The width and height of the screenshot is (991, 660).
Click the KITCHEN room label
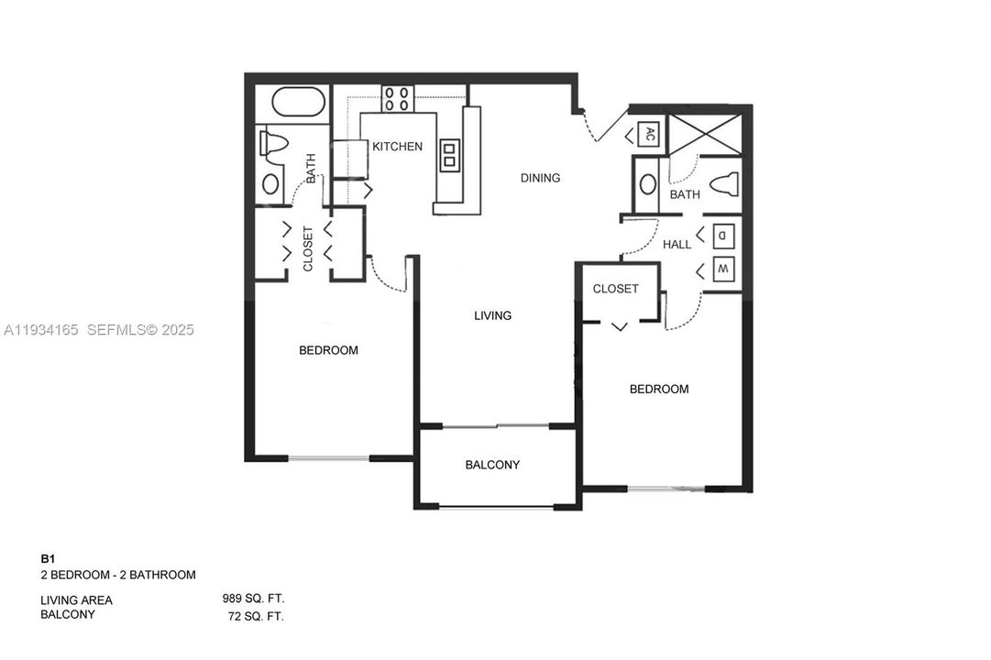pyautogui.click(x=397, y=147)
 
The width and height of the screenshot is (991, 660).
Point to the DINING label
pyautogui.click(x=540, y=178)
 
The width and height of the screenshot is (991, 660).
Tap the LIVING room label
pyautogui.click(x=492, y=315)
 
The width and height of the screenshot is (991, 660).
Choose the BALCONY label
pyautogui.click(x=492, y=465)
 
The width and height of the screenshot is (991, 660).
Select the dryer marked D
pyautogui.click(x=722, y=235)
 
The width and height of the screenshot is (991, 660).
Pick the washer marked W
pyautogui.click(x=722, y=269)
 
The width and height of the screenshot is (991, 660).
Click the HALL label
pyautogui.click(x=677, y=245)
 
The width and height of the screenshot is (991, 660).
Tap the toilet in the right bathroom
pyautogui.click(x=725, y=184)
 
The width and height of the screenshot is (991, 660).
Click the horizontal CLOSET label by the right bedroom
pyautogui.click(x=615, y=289)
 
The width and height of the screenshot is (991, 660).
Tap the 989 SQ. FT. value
pyautogui.click(x=253, y=599)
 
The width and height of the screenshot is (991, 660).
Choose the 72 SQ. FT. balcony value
pyautogui.click(x=256, y=616)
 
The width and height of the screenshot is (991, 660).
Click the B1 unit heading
pyautogui.click(x=48, y=558)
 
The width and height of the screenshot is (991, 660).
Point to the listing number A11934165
pyautogui.click(x=42, y=330)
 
